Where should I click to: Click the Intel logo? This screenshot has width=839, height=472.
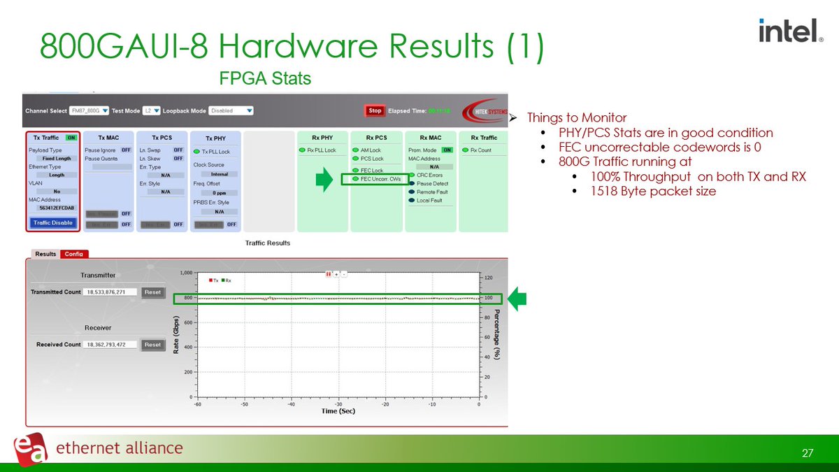(790, 30)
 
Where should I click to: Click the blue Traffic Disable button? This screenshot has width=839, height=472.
(52, 222)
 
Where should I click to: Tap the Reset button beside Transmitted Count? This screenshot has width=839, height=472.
(152, 292)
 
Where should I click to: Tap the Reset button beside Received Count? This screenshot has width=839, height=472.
(152, 345)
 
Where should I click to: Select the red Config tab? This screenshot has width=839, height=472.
(74, 254)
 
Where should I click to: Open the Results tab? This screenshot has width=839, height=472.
(45, 254)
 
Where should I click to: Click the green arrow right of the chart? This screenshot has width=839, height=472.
(517, 299)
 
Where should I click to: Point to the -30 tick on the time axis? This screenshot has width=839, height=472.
(338, 404)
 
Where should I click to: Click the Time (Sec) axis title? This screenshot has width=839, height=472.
(338, 411)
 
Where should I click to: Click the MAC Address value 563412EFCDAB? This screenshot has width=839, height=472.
(52, 208)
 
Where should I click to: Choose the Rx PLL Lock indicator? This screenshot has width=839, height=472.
(322, 150)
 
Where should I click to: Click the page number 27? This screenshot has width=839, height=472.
(808, 454)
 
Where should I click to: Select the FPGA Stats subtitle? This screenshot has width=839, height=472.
(265, 78)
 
